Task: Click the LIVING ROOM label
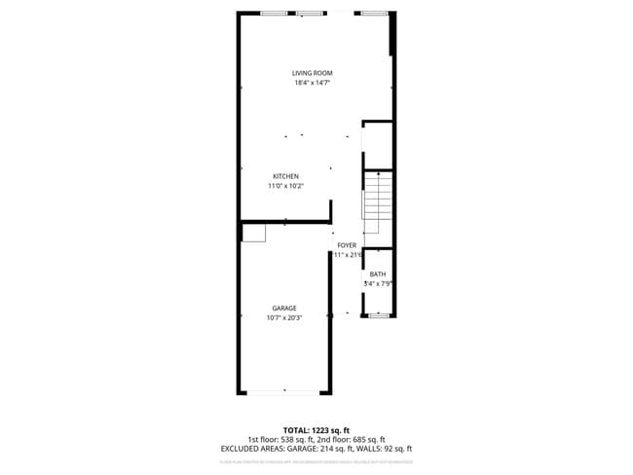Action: coord(313,73)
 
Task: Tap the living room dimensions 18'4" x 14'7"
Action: coord(313,83)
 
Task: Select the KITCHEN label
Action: coord(285,176)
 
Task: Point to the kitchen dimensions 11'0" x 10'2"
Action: coord(285,186)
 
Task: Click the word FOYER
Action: coord(347,245)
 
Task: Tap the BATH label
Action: coord(377,274)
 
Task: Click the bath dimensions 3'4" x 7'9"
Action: coord(378,284)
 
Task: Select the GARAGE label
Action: coord(284,308)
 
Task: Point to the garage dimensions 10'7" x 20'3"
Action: coord(284,317)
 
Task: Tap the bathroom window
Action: coord(378,316)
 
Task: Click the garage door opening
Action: coord(284,391)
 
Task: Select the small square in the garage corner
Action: coord(255,231)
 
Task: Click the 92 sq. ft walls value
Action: coord(395,449)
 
